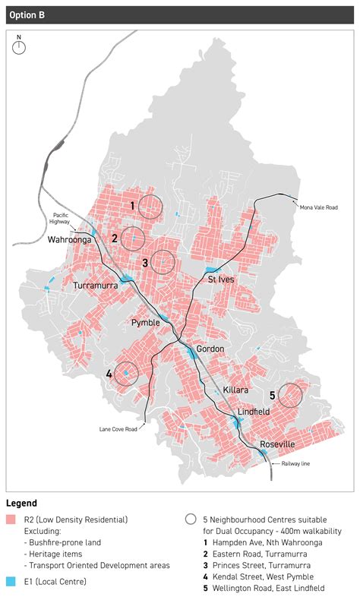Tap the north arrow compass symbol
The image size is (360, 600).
click(19, 47)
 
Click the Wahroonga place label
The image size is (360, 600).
click(48, 239)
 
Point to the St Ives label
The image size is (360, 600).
click(222, 279)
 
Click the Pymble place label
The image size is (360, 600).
click(146, 323)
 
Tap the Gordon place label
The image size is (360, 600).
click(210, 349)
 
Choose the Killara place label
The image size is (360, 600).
click(236, 390)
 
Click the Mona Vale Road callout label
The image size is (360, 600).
click(318, 207)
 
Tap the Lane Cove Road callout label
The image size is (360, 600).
click(118, 429)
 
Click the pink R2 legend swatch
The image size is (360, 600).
click(11, 519)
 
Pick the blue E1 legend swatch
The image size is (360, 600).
click(11, 581)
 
